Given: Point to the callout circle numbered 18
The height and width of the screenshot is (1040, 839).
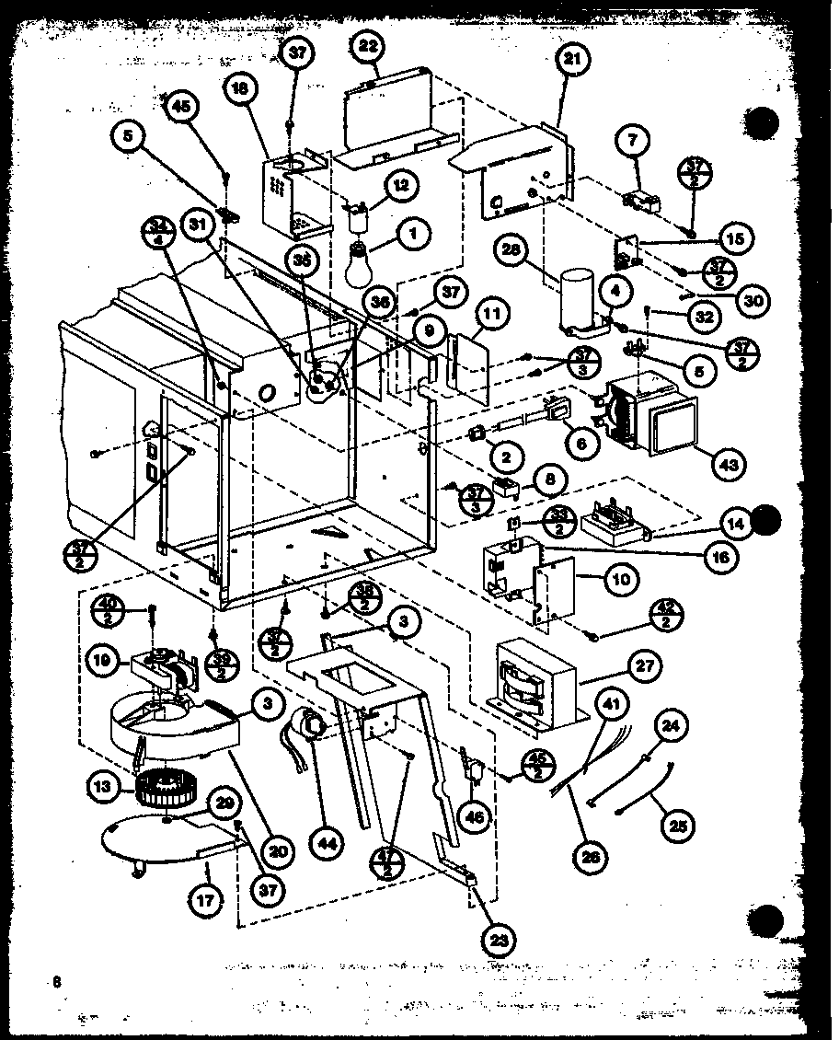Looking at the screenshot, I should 240,87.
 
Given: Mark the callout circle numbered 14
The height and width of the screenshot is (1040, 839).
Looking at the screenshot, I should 741,526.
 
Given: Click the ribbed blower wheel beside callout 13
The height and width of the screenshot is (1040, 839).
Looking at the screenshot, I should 160,788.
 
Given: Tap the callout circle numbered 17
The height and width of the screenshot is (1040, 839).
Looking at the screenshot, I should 206,901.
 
